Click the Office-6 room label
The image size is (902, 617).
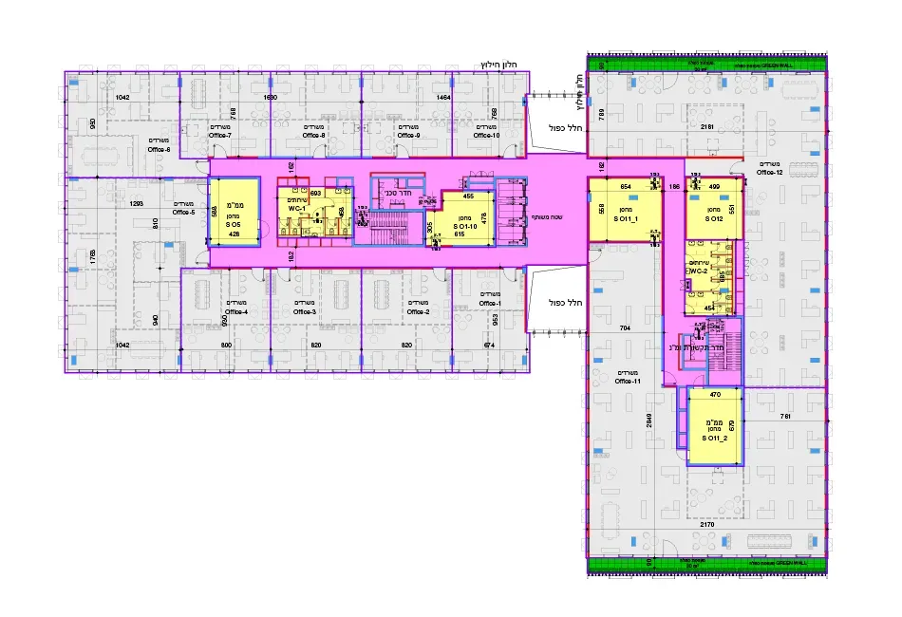(159, 149)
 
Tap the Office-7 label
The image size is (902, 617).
(219, 136)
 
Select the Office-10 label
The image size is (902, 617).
(486, 136)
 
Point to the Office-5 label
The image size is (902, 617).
(183, 212)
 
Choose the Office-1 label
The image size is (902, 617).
(489, 303)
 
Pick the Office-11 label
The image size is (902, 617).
(629, 381)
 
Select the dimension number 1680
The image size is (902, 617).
(270, 98)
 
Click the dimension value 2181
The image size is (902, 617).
(706, 126)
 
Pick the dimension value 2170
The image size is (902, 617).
(706, 524)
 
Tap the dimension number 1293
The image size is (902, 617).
(136, 204)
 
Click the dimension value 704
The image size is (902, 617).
(625, 327)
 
